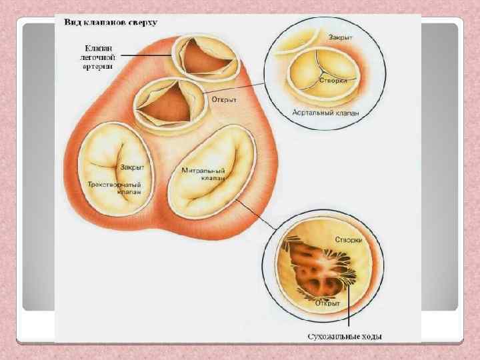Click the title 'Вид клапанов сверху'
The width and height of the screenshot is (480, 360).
[111, 22]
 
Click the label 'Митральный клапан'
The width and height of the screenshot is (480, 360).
[203, 175]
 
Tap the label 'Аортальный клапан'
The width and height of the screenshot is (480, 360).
[325, 113]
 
